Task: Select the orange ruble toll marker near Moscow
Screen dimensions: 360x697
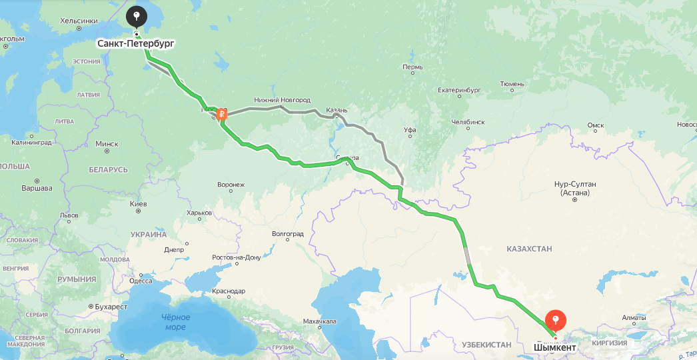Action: click(222, 114)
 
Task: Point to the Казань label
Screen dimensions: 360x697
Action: click(337, 110)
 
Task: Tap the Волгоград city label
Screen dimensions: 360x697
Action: click(288, 234)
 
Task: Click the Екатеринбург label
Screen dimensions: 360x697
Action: click(459, 89)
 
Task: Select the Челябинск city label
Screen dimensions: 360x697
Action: click(467, 122)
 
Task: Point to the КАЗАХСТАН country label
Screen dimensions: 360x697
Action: click(529, 249)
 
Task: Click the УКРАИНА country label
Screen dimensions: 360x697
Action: click(149, 235)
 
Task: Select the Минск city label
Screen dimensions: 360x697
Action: click(107, 143)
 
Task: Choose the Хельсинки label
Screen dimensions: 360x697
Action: click(79, 21)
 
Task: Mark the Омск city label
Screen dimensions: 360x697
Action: click(595, 125)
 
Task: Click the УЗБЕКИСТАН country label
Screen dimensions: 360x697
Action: click(486, 345)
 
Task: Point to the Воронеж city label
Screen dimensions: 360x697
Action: click(231, 184)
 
